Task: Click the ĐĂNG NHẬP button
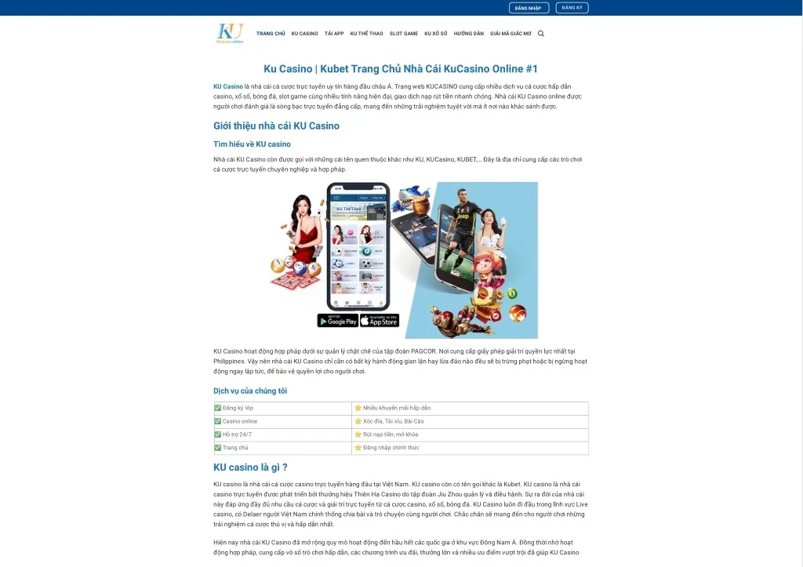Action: tap(529, 8)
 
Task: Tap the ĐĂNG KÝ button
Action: tap(572, 8)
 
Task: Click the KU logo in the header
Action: tap(230, 33)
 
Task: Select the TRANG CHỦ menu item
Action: tap(271, 34)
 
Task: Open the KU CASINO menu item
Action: tap(305, 34)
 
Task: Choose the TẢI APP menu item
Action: tap(334, 34)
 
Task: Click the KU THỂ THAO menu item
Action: tap(367, 34)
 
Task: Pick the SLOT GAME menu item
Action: tap(404, 34)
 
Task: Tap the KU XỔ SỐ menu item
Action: tap(436, 34)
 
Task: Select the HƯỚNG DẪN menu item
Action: tap(469, 34)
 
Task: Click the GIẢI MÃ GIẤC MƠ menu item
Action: tap(511, 34)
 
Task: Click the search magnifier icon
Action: tap(541, 34)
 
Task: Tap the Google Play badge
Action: tap(337, 321)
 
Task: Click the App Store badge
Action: tap(380, 321)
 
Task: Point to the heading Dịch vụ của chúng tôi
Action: tap(250, 391)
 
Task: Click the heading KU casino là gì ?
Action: tap(250, 467)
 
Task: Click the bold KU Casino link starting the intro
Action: tap(228, 86)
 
